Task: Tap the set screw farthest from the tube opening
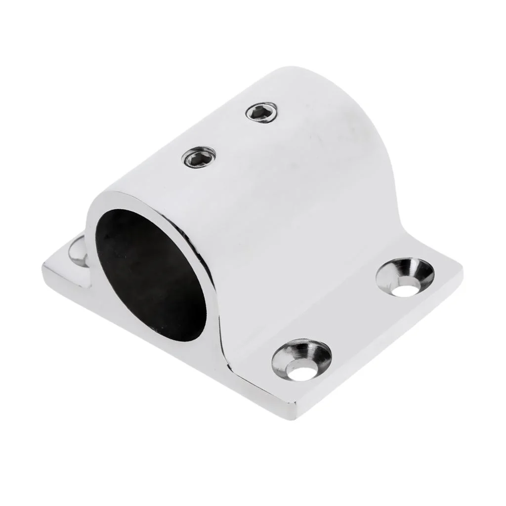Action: [x=261, y=112]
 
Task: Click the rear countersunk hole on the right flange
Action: [x=405, y=277]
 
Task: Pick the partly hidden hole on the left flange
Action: [x=79, y=251]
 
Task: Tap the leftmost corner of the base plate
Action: [x=44, y=269]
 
